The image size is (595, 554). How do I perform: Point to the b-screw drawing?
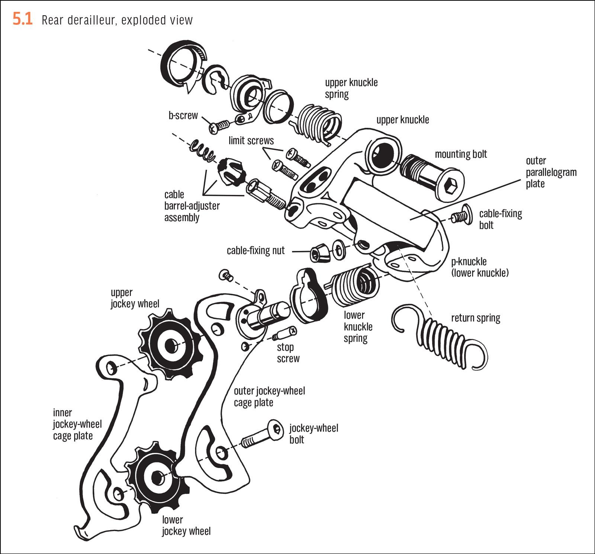(x=220, y=126)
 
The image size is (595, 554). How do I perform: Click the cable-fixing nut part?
(x=320, y=253)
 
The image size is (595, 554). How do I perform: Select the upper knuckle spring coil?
(x=320, y=121)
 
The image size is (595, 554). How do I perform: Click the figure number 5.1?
(x=23, y=19)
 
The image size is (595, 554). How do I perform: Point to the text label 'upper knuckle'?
(x=402, y=120)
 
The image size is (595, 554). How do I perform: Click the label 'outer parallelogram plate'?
(x=551, y=172)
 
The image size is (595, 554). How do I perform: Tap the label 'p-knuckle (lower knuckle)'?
(x=479, y=267)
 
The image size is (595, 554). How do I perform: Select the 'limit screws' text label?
(x=251, y=141)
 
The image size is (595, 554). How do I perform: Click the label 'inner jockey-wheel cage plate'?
(x=77, y=424)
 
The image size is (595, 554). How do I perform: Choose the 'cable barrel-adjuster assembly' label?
(x=192, y=206)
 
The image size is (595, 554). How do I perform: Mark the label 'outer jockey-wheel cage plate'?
(x=269, y=397)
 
